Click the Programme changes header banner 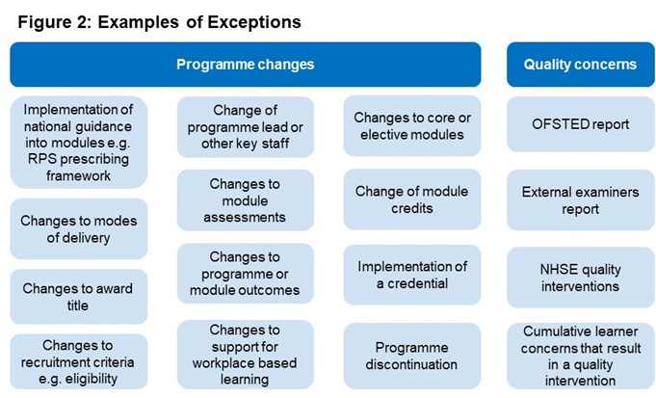pyautogui.click(x=246, y=65)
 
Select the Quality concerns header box pyautogui.click(x=580, y=65)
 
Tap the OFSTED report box pyautogui.click(x=580, y=124)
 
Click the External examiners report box pyautogui.click(x=580, y=200)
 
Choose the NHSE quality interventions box pyautogui.click(x=580, y=278)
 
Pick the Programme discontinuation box pyautogui.click(x=412, y=356)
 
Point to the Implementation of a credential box pyautogui.click(x=412, y=275)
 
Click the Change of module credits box pyautogui.click(x=412, y=199)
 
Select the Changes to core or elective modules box pyautogui.click(x=412, y=125)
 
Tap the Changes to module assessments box pyautogui.click(x=246, y=200)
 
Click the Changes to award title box pyautogui.click(x=79, y=296)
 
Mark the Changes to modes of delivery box pyautogui.click(x=79, y=229)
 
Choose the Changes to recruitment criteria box pyautogui.click(x=79, y=361)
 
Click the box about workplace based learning pyautogui.click(x=246, y=355)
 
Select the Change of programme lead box pyautogui.click(x=246, y=127)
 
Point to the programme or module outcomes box pyautogui.click(x=246, y=274)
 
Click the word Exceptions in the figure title pyautogui.click(x=254, y=22)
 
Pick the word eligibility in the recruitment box pyautogui.click(x=92, y=379)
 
